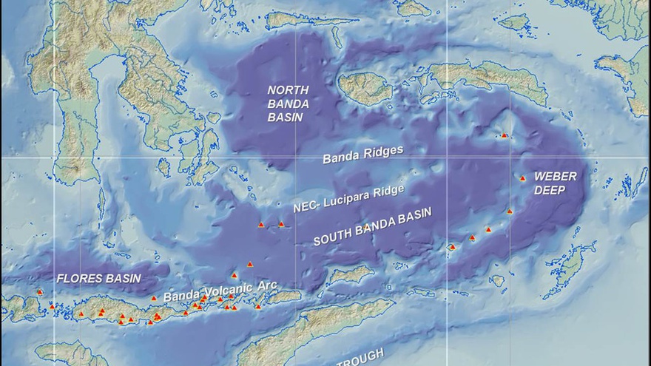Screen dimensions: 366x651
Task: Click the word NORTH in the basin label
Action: [289, 89]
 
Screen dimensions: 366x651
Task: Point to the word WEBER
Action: [555, 177]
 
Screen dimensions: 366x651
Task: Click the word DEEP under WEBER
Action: [550, 190]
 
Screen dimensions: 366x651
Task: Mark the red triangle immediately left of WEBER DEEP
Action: [522, 178]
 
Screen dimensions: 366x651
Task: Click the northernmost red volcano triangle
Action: [505, 135]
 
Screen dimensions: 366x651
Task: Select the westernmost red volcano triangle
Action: [39, 292]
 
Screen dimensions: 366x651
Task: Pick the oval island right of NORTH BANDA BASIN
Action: [365, 88]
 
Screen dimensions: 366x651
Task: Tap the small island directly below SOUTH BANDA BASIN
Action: [351, 275]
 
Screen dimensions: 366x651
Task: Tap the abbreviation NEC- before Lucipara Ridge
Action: [306, 208]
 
